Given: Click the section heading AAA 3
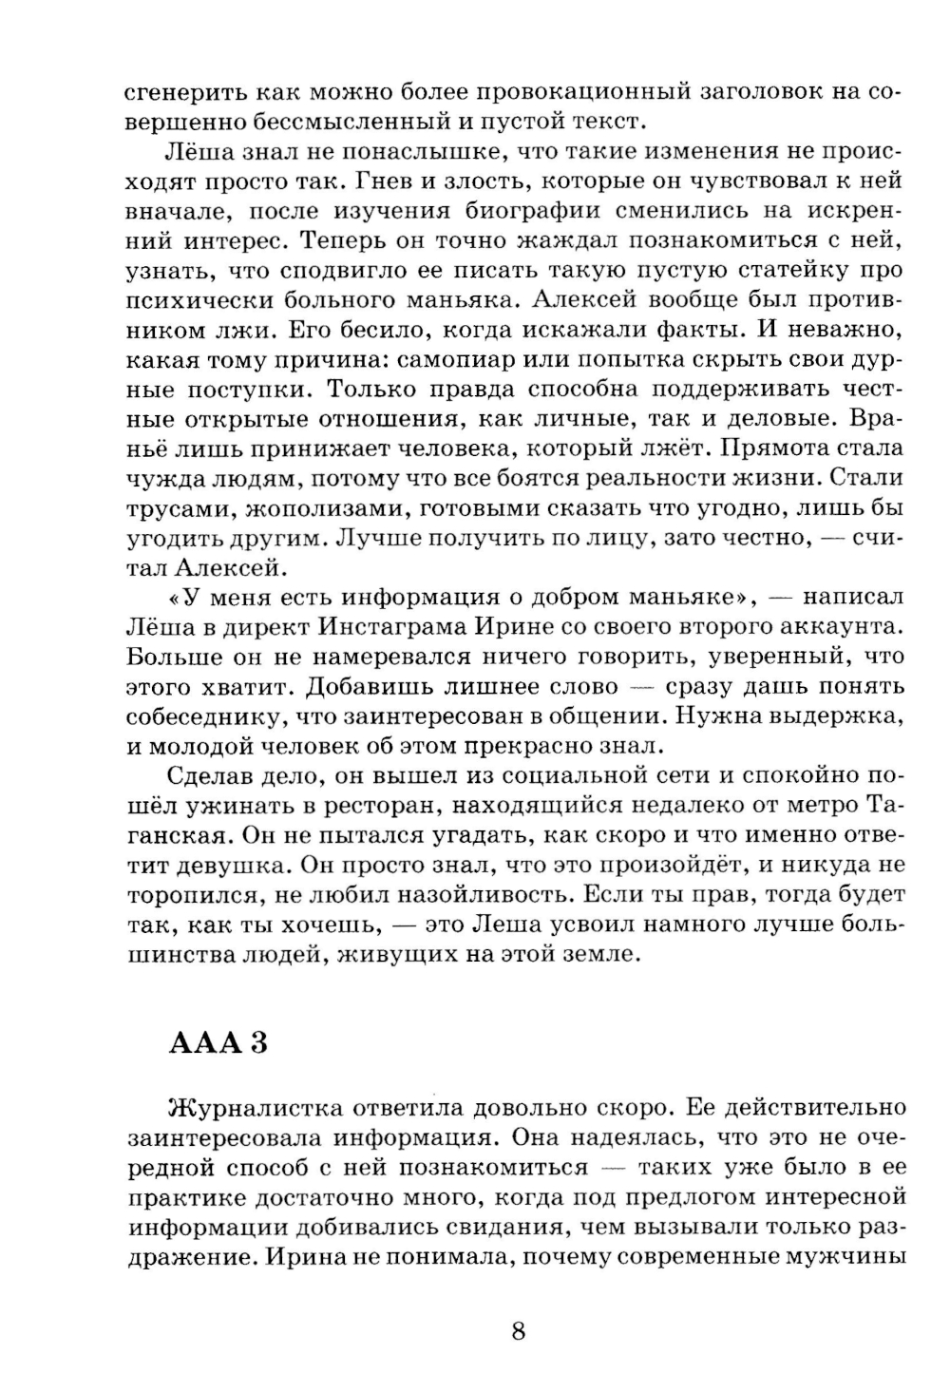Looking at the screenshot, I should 218,1042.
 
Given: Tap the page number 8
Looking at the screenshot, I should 518,1330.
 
